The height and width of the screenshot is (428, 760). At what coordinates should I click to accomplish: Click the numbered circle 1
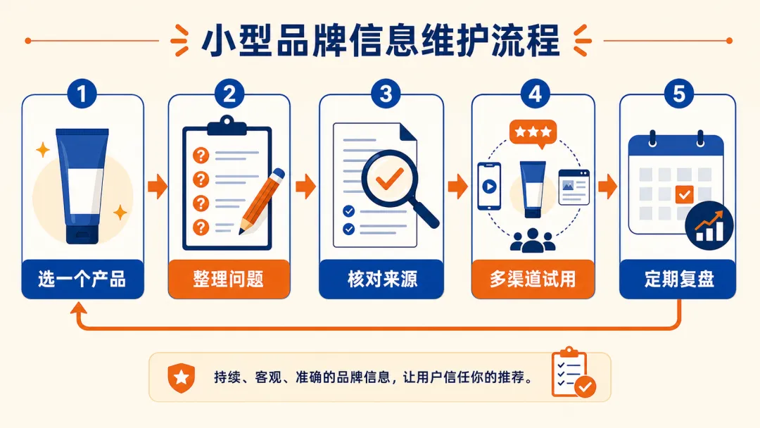coord(82,94)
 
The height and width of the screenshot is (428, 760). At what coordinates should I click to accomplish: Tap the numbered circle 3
coord(386,94)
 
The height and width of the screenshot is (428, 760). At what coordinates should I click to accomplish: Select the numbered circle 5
coord(678,94)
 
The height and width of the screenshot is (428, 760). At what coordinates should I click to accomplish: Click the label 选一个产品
coord(82,279)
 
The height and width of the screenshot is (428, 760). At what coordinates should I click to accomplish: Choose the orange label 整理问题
coord(229,279)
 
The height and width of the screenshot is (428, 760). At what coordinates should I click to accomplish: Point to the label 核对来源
coord(381,279)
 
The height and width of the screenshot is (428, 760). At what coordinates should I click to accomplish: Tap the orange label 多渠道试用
coord(533,279)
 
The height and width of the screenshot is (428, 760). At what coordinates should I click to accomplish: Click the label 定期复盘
coord(678,279)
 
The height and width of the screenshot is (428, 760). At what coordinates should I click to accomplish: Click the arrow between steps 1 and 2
coord(157,186)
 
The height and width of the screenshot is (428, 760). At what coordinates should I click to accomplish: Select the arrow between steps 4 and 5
coord(608,186)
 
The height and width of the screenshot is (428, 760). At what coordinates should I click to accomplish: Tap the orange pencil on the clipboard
coord(262,201)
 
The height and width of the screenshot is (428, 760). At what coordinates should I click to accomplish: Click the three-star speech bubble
coord(533,133)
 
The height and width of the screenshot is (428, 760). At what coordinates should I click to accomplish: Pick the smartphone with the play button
coord(489,186)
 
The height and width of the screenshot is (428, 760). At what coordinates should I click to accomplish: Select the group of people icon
coord(533,241)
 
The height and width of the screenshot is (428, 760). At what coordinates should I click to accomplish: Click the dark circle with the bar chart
coord(709,225)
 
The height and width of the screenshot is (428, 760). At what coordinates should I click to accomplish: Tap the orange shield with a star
coord(182,377)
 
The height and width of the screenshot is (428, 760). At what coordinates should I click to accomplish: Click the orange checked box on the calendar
coord(685,194)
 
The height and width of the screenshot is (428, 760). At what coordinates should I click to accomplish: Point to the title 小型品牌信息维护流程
coord(381,41)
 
